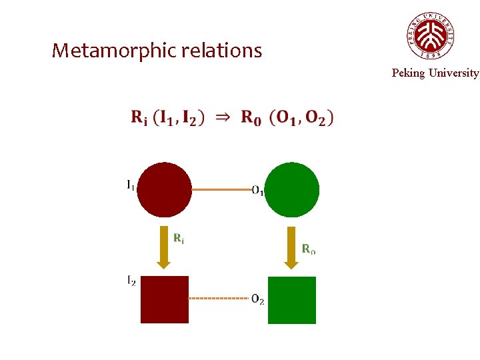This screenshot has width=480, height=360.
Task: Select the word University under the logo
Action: (x=453, y=73)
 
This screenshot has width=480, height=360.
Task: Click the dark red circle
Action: (x=164, y=190)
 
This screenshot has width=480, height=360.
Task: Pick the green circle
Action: (x=292, y=190)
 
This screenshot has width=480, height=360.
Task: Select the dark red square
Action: (x=165, y=299)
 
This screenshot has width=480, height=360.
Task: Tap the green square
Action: (x=292, y=300)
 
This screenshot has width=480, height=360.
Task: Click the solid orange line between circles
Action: (x=222, y=189)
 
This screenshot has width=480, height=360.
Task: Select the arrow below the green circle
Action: (x=291, y=247)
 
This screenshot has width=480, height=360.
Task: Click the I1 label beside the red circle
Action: (x=131, y=185)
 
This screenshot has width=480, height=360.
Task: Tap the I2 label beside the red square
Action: (x=131, y=281)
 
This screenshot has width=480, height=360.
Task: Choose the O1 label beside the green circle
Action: (x=258, y=191)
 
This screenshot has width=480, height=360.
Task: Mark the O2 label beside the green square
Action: (x=258, y=299)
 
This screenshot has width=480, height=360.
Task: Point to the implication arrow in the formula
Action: (x=223, y=117)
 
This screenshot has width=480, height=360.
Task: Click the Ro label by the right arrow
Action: (x=309, y=249)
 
